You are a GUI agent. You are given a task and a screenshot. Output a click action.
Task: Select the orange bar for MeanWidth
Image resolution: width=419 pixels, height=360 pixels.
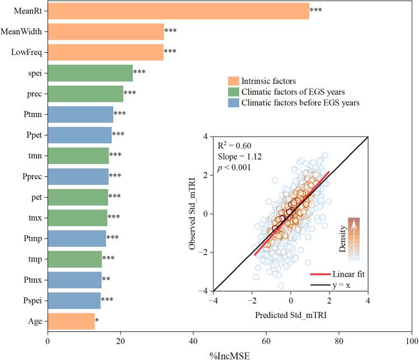106,32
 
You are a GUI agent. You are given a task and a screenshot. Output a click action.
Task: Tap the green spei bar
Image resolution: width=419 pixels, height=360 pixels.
90,73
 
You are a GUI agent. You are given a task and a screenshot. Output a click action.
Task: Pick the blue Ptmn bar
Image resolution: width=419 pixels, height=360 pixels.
81,114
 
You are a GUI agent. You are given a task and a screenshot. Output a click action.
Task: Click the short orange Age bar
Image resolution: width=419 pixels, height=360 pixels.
71,321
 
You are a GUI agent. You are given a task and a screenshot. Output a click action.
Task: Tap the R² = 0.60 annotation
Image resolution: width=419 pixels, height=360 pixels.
234,146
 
